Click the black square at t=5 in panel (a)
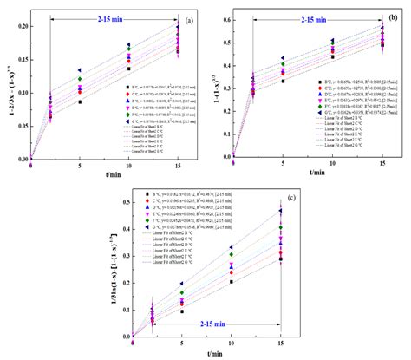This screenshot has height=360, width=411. tap(80, 101)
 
